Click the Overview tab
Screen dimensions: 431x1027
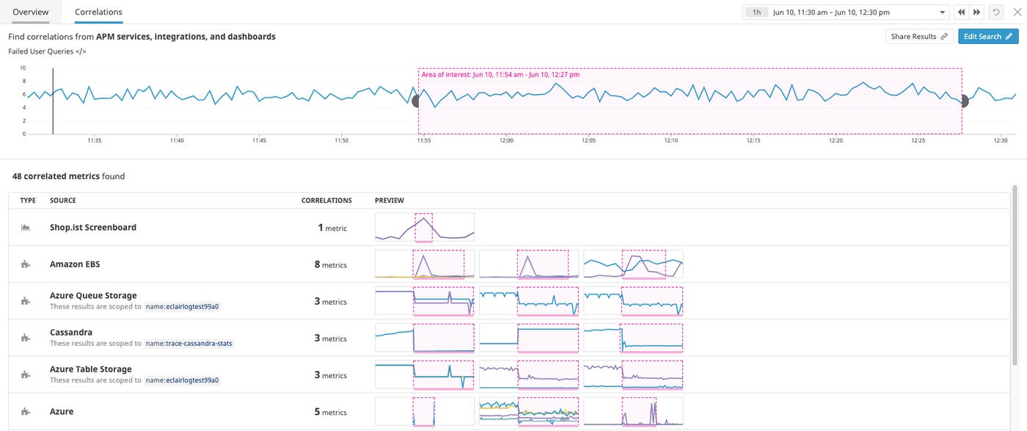click(31, 12)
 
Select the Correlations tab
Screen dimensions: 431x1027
click(98, 12)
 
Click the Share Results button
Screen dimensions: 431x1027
click(918, 36)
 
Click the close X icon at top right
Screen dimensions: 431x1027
click(1017, 12)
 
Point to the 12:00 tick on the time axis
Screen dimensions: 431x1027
click(506, 140)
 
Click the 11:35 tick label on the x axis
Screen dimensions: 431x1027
click(94, 140)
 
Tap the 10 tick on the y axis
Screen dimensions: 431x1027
click(23, 68)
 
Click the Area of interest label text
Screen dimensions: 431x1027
click(500, 75)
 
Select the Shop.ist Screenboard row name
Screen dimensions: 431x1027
click(93, 228)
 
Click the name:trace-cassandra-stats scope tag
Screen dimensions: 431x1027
click(189, 344)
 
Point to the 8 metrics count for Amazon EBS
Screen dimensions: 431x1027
click(330, 264)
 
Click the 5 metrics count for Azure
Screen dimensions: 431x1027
click(330, 412)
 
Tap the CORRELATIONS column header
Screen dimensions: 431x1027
click(326, 200)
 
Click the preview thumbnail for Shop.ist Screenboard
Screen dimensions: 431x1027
click(425, 228)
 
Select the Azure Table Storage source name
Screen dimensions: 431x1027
click(91, 369)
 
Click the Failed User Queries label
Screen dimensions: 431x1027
click(47, 51)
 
